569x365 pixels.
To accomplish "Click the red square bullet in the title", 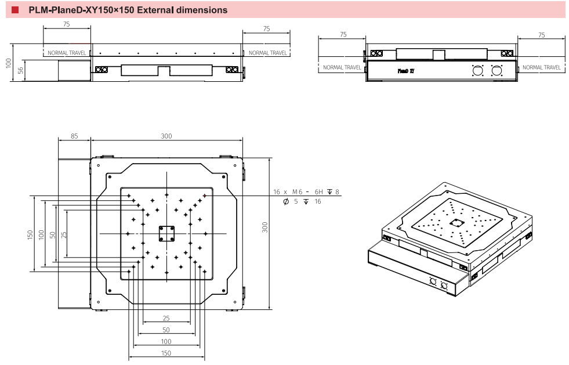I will click(15, 10).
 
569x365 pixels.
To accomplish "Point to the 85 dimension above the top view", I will click(74, 136).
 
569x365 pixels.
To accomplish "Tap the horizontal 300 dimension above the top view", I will click(166, 136).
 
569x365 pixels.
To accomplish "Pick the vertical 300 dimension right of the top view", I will click(265, 227).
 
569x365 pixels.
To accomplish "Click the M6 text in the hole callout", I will click(297, 191).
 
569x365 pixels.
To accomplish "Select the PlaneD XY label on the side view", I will click(405, 71).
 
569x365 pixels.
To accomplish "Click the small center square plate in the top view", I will click(166, 233).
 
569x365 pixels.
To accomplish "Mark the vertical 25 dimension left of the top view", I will click(63, 234).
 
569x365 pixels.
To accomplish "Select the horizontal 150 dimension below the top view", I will click(166, 353).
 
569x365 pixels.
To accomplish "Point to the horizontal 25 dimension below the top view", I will click(166, 318).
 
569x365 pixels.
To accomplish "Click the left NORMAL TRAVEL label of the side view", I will click(342, 67).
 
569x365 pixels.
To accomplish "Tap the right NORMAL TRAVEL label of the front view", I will click(267, 53).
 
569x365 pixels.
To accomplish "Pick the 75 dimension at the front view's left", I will click(66, 24).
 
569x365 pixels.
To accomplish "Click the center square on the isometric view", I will click(457, 222).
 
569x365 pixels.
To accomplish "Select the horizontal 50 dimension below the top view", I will click(166, 330).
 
